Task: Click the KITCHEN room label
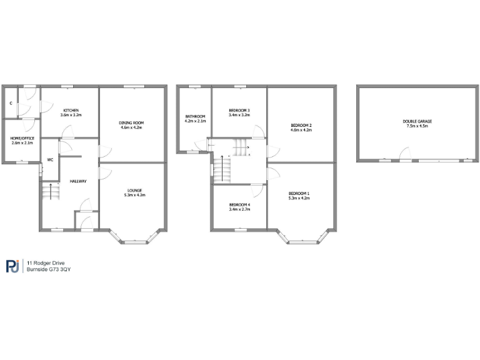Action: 70,111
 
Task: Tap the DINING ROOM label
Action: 132,122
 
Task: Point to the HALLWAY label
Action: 78,181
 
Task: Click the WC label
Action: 49,159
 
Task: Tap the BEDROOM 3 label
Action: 239,111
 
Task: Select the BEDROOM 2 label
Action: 301,126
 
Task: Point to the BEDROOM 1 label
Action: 299,193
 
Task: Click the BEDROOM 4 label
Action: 239,205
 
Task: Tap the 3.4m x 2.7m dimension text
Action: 239,210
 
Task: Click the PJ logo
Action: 13,266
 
